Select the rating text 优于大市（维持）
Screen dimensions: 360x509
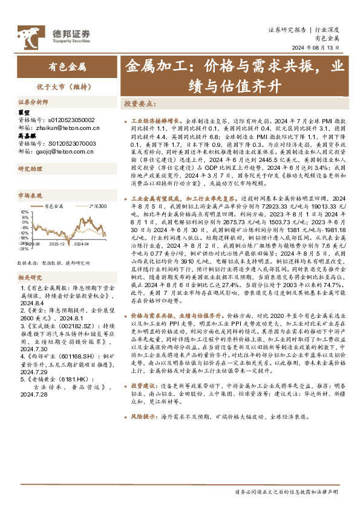(x=67, y=86)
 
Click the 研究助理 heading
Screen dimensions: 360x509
(x=29, y=170)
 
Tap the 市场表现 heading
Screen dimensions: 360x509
(x=29, y=196)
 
